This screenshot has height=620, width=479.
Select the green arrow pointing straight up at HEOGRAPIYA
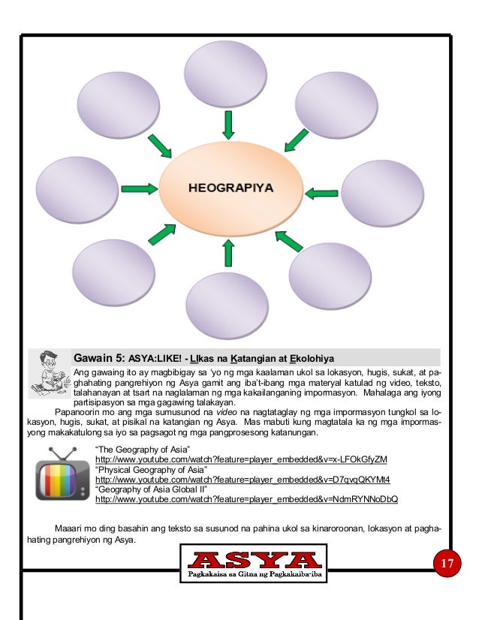tap(227, 254)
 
